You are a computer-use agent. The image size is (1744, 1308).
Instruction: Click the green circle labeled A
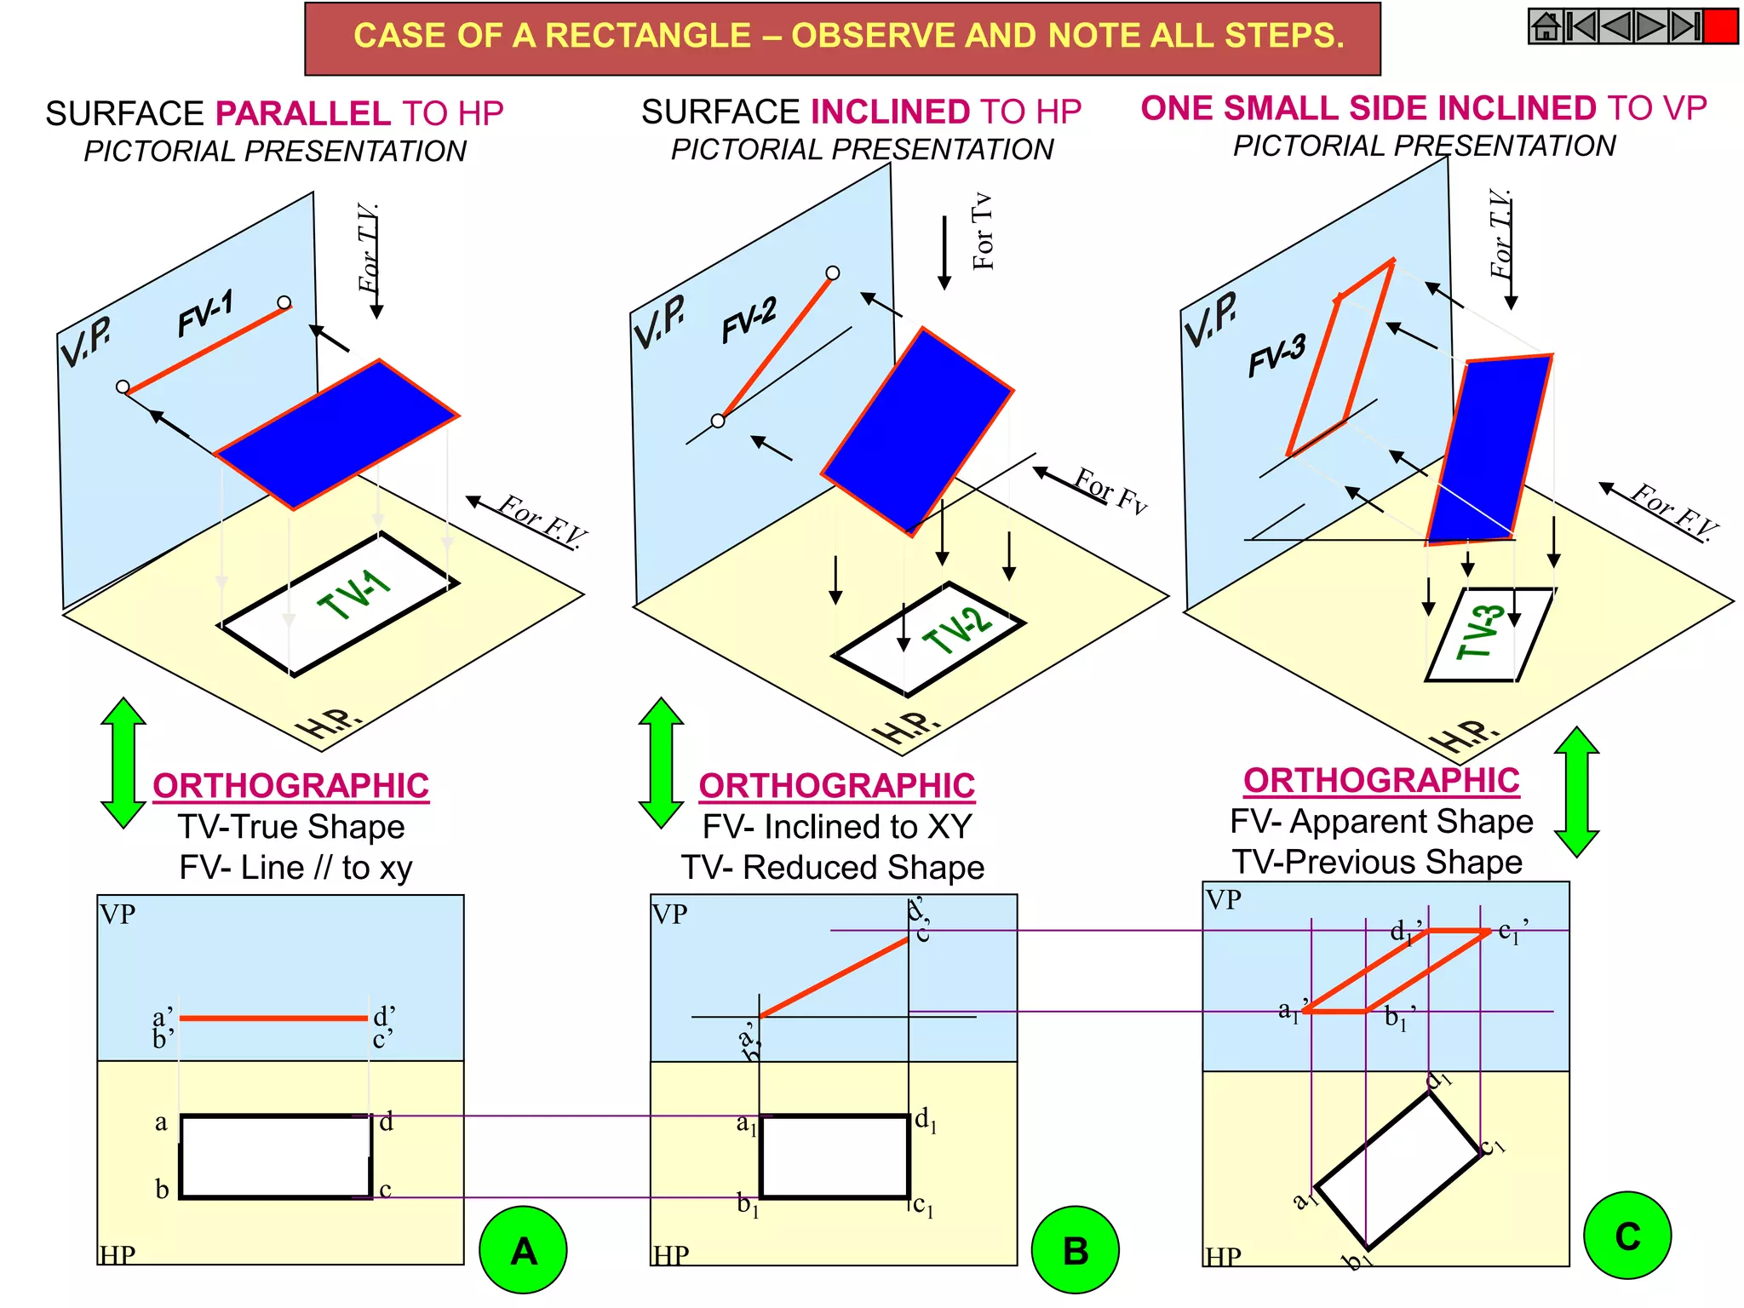(x=523, y=1249)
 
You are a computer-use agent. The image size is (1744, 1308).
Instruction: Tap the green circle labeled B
(x=1075, y=1249)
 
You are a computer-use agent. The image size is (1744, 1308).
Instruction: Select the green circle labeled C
(x=1626, y=1235)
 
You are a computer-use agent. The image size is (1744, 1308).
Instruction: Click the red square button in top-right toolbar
(x=1720, y=26)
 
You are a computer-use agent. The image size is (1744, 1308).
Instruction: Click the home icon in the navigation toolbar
(x=1546, y=26)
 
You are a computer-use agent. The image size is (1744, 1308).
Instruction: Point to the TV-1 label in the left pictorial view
(x=353, y=594)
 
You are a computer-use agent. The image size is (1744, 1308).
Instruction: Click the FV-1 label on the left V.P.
(x=205, y=313)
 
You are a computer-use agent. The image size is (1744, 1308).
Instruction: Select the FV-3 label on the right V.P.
(x=1276, y=355)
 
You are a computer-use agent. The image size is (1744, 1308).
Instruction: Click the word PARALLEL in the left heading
(x=303, y=113)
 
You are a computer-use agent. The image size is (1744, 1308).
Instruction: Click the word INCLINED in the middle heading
(x=890, y=112)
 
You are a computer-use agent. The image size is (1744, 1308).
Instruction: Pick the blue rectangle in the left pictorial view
(x=338, y=434)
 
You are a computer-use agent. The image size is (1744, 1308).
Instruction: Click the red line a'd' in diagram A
(x=272, y=1018)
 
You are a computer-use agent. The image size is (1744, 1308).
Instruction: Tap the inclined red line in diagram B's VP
(x=835, y=978)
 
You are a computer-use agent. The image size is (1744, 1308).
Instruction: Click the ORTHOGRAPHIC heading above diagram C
(x=1381, y=780)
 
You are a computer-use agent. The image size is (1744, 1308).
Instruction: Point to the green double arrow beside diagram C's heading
(x=1576, y=792)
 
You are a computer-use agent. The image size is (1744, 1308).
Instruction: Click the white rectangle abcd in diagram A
(x=275, y=1156)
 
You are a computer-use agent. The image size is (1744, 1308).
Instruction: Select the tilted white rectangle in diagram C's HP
(x=1397, y=1171)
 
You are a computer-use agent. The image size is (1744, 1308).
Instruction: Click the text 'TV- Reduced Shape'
(x=833, y=867)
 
